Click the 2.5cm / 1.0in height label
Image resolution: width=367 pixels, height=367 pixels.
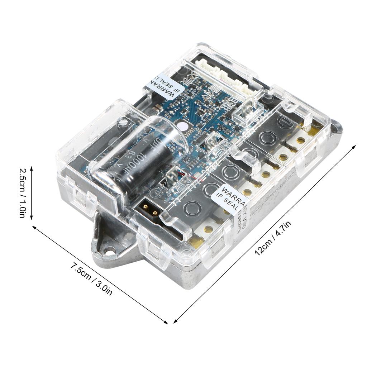point(22,193)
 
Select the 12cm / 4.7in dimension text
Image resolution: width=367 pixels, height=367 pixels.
point(272,238)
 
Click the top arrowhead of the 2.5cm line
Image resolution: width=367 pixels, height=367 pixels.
point(32,168)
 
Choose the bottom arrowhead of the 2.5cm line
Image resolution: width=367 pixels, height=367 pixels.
point(32,219)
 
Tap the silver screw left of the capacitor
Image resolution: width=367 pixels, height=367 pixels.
point(123,122)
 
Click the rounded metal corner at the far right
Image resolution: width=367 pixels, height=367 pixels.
point(337,126)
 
